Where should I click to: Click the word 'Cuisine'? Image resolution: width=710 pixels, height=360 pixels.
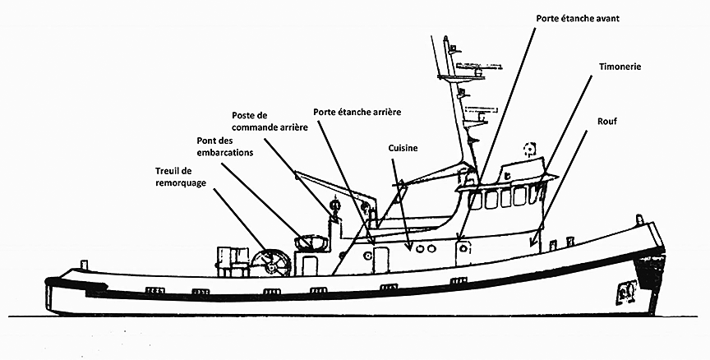pos(403,148)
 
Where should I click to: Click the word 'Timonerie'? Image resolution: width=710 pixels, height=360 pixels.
pos(620,66)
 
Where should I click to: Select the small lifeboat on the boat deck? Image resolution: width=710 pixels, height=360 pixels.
pos(311,242)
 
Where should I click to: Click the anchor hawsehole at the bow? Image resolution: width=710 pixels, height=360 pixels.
pos(627,289)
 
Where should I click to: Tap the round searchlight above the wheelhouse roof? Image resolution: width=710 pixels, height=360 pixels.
pos(529,150)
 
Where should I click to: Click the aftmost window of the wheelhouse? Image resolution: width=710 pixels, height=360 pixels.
pos(475,199)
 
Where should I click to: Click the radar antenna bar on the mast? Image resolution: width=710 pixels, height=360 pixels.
pos(457,77)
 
